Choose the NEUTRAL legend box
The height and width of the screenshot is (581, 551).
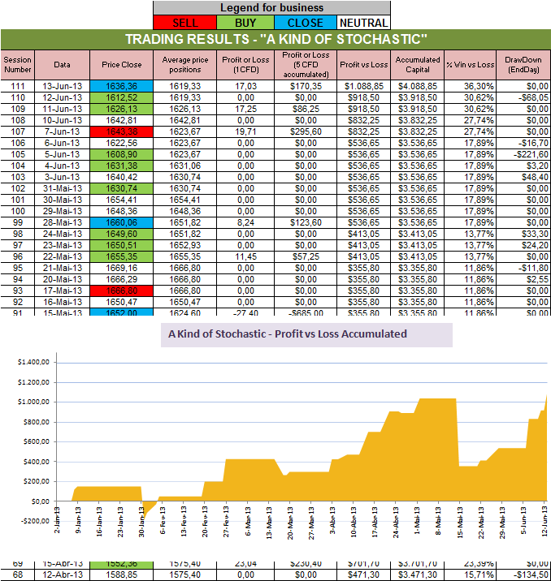coord(362,23)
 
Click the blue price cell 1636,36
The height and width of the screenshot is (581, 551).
coord(122,85)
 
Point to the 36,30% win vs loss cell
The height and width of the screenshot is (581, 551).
coord(470,85)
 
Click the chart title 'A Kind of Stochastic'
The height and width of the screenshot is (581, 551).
coord(288,334)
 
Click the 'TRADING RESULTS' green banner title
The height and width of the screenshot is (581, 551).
coord(276,40)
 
